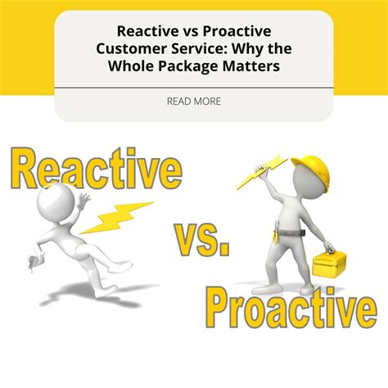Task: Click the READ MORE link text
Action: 194,102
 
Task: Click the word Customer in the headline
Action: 131,48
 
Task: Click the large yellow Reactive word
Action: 97,169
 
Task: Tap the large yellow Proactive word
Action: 291,308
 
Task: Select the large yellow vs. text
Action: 202,240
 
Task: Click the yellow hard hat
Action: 313,170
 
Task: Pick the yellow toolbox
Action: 329,264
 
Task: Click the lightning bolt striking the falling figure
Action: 116,219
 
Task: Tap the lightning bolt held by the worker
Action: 261,173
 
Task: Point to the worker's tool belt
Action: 290,233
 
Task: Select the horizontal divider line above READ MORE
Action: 194,88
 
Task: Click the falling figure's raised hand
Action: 83,200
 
